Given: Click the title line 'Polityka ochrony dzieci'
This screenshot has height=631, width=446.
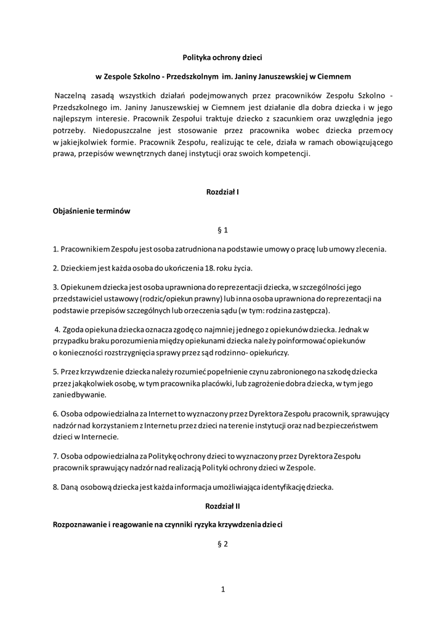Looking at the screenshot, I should tap(222, 57).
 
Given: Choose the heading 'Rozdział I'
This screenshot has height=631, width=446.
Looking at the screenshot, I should tap(222, 192).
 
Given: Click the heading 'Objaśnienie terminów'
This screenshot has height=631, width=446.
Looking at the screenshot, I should tap(91, 211).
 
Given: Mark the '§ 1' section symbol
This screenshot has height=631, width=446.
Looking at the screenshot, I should tap(223, 230).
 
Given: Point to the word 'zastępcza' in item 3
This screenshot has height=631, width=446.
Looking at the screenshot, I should tap(312, 309).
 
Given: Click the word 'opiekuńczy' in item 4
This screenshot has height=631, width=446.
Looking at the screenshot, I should tap(268, 352).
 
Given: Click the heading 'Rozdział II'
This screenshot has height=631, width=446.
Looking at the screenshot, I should tap(222, 506).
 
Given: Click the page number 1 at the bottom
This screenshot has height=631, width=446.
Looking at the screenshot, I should tap(222, 589).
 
